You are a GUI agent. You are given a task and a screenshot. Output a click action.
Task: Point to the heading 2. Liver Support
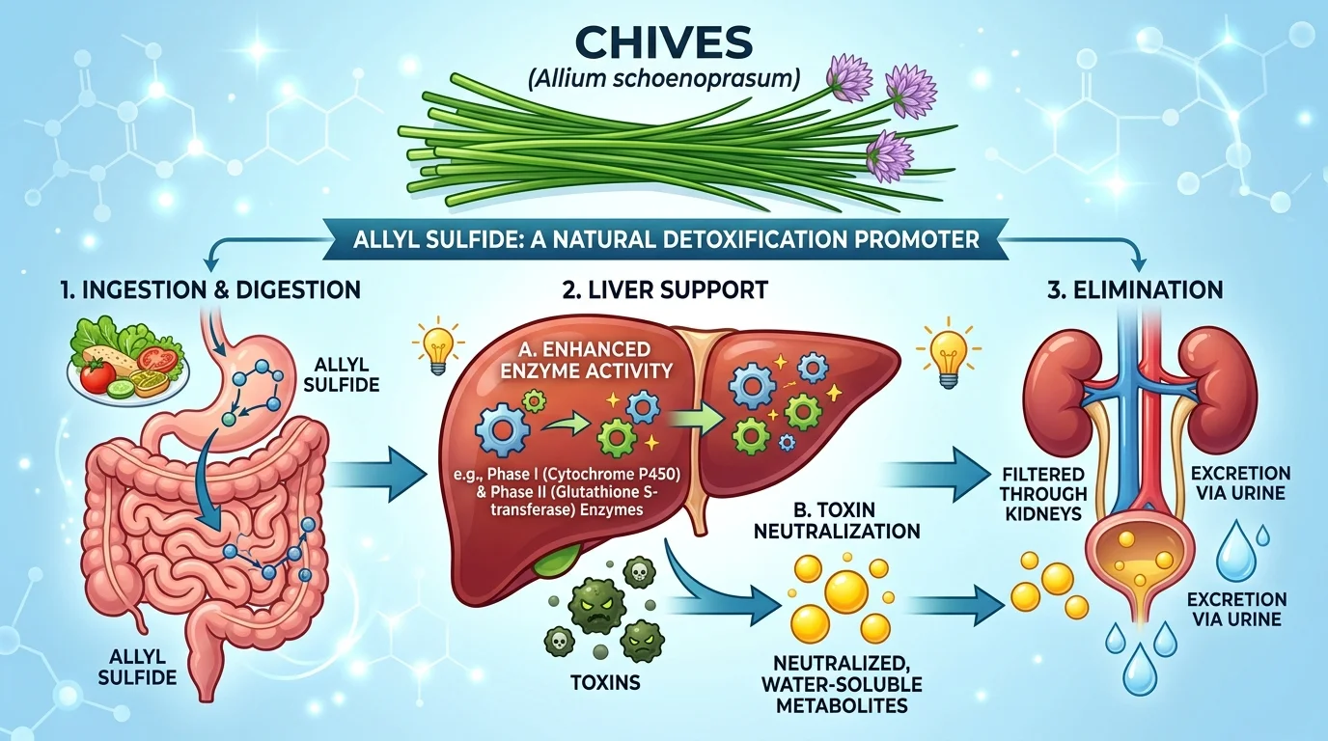(x=666, y=288)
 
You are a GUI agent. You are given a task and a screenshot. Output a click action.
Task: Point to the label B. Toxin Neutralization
(x=853, y=518)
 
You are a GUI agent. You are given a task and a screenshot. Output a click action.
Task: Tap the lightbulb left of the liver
(x=432, y=348)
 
